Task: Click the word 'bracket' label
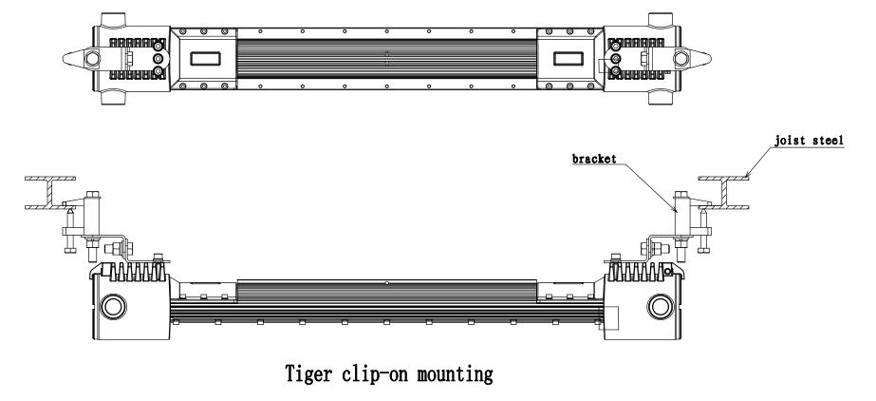pos(594,159)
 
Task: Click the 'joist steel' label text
pos(809,140)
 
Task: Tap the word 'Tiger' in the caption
pos(308,373)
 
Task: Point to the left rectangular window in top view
pos(205,58)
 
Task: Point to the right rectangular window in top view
pos(568,58)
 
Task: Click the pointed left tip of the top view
pos(63,58)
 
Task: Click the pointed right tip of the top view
pos(711,58)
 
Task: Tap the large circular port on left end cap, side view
pos(113,307)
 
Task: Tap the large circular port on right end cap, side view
pos(661,307)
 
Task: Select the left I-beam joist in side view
pos(50,193)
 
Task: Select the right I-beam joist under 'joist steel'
pos(724,193)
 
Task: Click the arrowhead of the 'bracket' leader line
pos(675,210)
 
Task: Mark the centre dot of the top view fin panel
pos(386,58)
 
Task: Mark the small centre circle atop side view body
pos(386,283)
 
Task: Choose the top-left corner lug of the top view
pos(113,19)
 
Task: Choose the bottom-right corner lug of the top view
pos(661,98)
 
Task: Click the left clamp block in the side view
pos(93,216)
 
